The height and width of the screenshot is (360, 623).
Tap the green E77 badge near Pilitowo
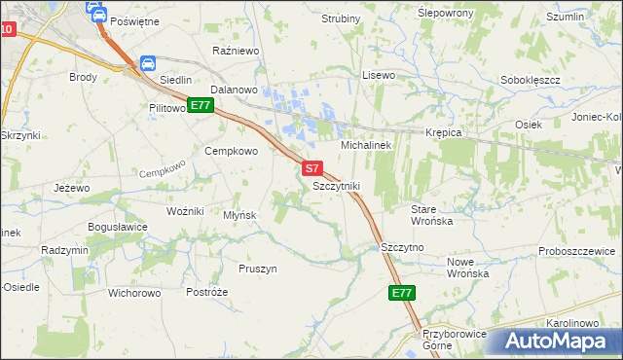(201, 105)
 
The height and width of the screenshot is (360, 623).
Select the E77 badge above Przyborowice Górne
(402, 293)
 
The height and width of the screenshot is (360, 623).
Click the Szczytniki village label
(337, 185)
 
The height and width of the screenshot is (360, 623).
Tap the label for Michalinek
(365, 145)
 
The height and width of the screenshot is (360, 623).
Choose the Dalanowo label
(232, 89)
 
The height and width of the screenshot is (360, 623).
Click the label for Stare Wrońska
(431, 215)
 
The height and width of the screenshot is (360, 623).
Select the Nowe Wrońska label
(467, 268)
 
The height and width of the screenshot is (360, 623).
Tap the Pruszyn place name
(258, 269)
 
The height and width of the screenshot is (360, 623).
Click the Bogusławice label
(118, 227)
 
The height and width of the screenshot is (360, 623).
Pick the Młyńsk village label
(239, 215)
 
